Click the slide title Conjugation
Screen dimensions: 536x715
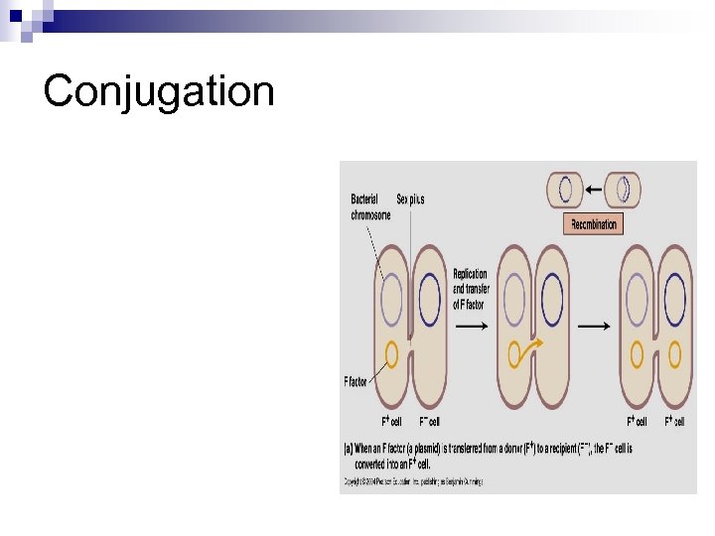(158, 91)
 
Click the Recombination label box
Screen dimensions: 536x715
(593, 224)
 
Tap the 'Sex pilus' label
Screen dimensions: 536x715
(410, 199)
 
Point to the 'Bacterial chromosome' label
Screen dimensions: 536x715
(370, 206)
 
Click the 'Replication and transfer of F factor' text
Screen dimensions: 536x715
(470, 289)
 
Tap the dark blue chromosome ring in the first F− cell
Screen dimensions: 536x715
(429, 295)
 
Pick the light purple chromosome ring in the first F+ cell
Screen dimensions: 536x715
(391, 295)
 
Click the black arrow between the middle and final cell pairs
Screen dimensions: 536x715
(594, 325)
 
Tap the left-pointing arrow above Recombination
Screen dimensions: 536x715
(592, 188)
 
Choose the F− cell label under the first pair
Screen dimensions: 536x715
(429, 422)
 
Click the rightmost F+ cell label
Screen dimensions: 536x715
(675, 422)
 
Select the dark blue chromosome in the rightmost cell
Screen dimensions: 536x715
(675, 295)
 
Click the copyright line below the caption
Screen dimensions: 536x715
(412, 481)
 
